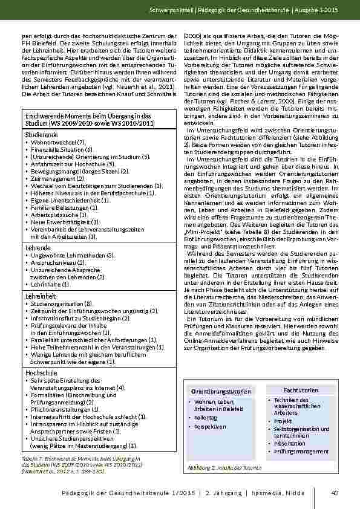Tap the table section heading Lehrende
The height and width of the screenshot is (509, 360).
(38, 248)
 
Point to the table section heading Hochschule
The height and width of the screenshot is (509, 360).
(41, 374)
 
